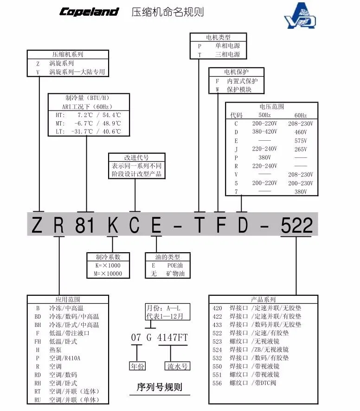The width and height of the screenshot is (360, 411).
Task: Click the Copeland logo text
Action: [89, 12]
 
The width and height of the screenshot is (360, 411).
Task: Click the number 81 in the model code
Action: [84, 226]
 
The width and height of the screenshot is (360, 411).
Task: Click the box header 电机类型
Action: [218, 38]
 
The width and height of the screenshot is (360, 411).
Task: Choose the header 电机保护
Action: [236, 72]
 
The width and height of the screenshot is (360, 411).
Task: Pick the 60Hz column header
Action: [300, 115]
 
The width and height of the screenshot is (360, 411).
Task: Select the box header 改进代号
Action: [136, 157]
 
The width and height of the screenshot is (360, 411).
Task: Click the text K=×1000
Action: [108, 265]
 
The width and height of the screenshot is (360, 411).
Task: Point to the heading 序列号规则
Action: [159, 387]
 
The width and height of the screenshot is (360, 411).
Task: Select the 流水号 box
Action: [177, 366]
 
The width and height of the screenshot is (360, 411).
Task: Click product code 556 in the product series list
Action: [217, 383]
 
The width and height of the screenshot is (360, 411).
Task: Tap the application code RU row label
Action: [38, 400]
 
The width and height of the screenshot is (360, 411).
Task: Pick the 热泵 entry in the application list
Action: [56, 350]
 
